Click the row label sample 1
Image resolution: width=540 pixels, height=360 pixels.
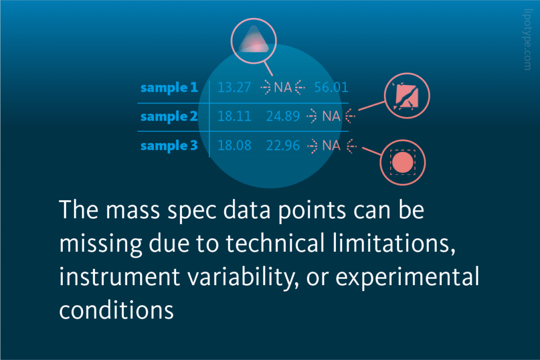(x=168, y=87)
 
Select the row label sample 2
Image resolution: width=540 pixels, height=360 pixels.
(x=168, y=116)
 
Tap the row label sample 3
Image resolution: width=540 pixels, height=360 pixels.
(x=168, y=145)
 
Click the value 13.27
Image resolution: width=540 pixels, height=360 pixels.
(x=234, y=87)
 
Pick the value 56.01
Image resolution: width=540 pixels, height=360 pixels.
(x=331, y=87)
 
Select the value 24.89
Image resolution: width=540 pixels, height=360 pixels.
(x=283, y=116)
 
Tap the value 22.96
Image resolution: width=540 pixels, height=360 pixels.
(x=283, y=145)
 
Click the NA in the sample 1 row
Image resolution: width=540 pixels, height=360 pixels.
(x=283, y=87)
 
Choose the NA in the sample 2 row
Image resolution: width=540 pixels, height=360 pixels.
(x=331, y=116)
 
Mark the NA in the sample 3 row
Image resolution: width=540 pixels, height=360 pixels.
(x=331, y=145)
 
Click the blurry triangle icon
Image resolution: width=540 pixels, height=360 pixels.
(x=254, y=41)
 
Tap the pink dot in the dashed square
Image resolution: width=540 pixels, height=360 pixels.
(x=402, y=162)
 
